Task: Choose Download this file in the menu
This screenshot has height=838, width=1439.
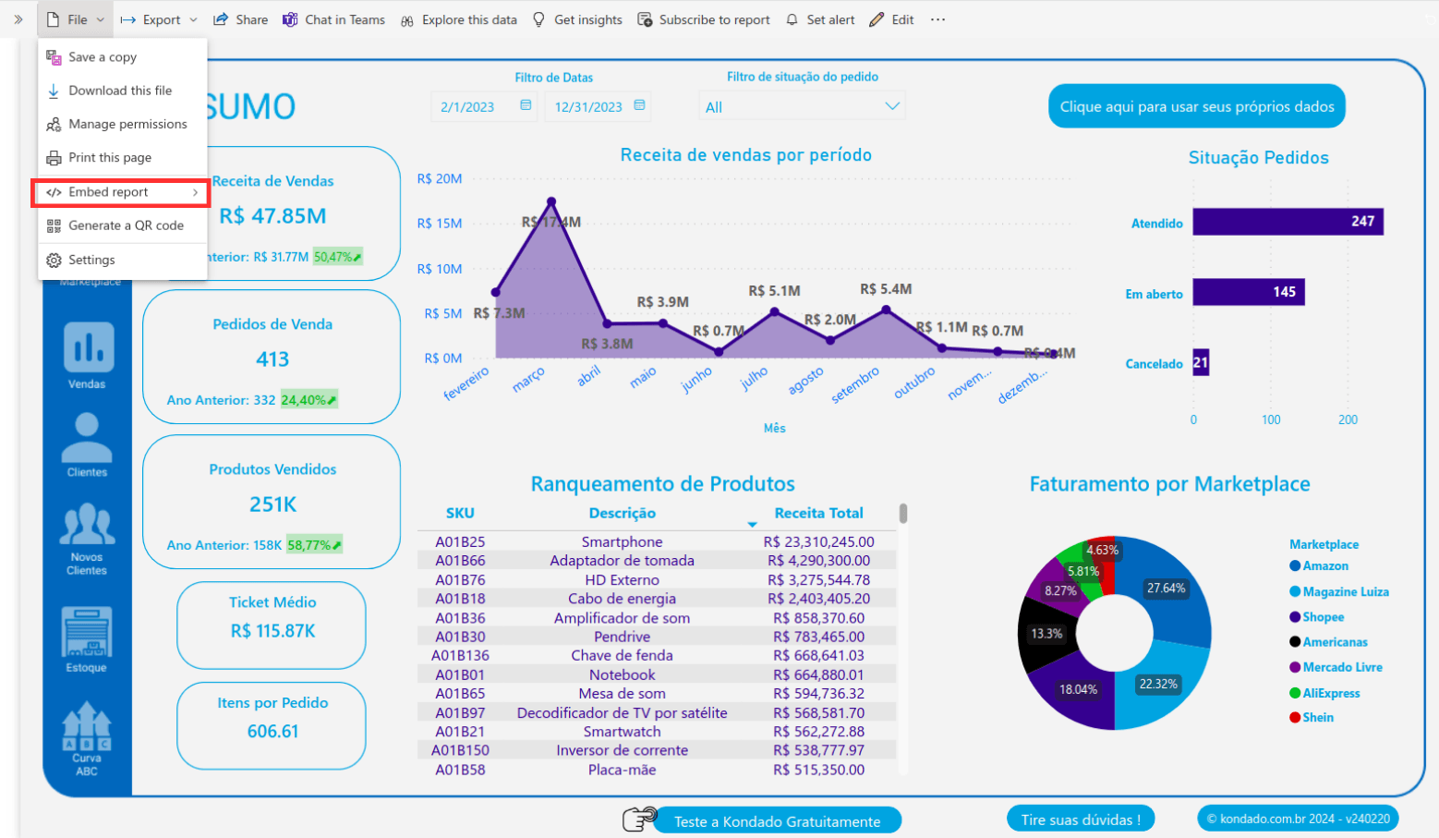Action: pyautogui.click(x=119, y=91)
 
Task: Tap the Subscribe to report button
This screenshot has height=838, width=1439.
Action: pyautogui.click(x=704, y=19)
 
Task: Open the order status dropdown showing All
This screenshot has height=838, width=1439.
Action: pyautogui.click(x=802, y=107)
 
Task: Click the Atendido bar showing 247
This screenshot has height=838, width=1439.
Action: pyautogui.click(x=1287, y=222)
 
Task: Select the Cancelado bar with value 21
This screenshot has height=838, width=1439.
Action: pyautogui.click(x=1201, y=362)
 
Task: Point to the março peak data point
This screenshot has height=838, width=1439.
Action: pyautogui.click(x=551, y=200)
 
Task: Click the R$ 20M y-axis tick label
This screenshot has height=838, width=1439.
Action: pyautogui.click(x=439, y=178)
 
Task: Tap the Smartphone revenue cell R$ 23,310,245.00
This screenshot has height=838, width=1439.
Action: pyautogui.click(x=818, y=541)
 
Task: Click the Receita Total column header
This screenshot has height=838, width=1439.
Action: pyautogui.click(x=818, y=513)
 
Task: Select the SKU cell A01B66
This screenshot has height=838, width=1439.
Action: pyautogui.click(x=460, y=561)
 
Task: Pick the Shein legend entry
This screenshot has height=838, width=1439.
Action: pyautogui.click(x=1317, y=718)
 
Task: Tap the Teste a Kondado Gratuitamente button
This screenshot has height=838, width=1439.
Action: pyautogui.click(x=777, y=821)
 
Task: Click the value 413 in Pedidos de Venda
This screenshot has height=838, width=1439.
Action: pyautogui.click(x=272, y=359)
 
